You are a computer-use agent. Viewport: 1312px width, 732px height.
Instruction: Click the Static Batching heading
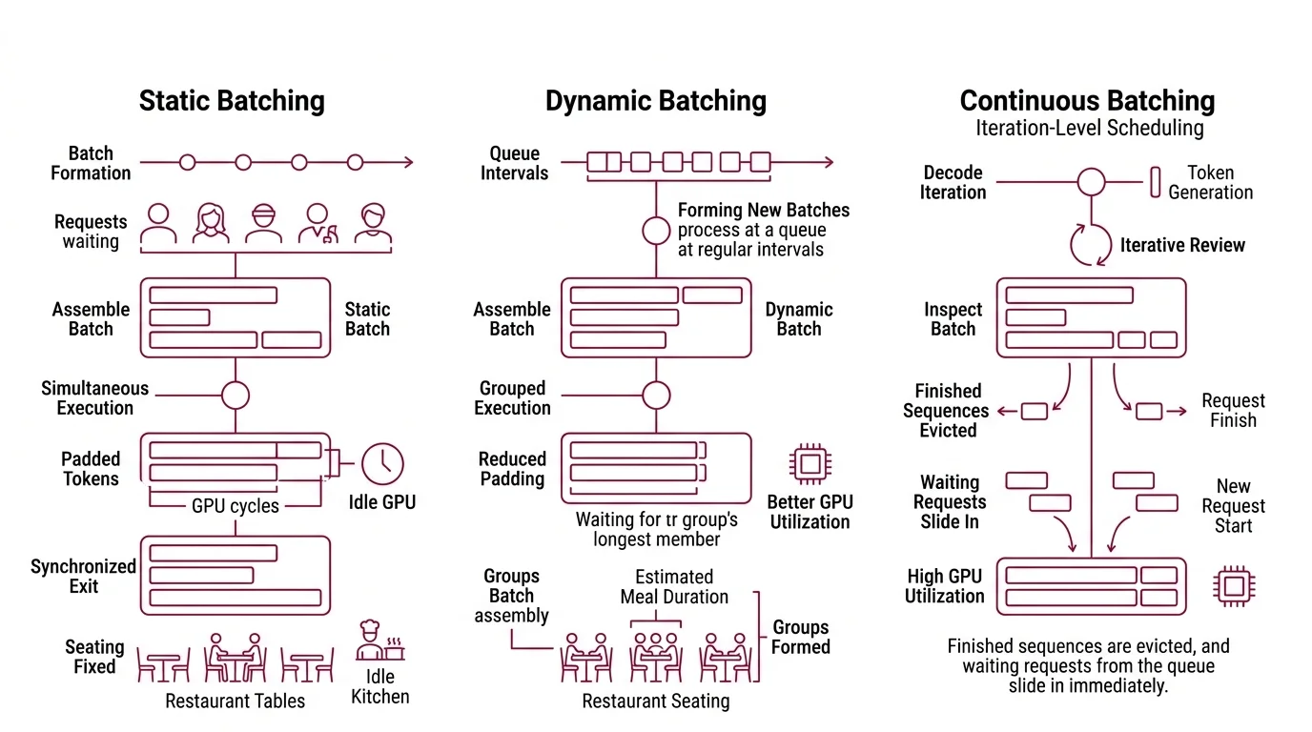(x=232, y=101)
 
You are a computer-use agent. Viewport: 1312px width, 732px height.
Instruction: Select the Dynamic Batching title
(x=655, y=101)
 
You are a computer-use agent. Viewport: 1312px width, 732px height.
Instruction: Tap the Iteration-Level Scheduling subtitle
(x=1088, y=128)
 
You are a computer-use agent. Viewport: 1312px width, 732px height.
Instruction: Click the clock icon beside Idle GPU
(x=382, y=464)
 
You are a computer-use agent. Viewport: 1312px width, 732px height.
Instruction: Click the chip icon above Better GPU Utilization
(x=809, y=464)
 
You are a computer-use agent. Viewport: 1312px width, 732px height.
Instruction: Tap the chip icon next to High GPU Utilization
(x=1232, y=586)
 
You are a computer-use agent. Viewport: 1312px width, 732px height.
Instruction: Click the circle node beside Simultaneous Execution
(x=235, y=395)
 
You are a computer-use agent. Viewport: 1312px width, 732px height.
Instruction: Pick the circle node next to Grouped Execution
(x=655, y=395)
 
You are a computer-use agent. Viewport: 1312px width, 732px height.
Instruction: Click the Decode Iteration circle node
(x=1091, y=182)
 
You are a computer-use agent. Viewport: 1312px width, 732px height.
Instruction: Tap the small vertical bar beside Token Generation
(x=1155, y=182)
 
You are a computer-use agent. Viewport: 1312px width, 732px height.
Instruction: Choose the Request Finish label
(x=1233, y=411)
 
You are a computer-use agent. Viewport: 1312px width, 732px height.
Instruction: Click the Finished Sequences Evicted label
(x=947, y=411)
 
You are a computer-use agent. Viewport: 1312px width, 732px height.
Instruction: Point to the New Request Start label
(x=1233, y=506)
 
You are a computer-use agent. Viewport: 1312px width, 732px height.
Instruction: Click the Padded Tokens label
(x=91, y=469)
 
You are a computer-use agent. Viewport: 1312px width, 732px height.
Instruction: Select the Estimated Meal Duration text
(x=673, y=587)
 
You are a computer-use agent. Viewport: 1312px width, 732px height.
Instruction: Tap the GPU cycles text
(x=235, y=506)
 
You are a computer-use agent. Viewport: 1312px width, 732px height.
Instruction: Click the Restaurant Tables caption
(x=235, y=701)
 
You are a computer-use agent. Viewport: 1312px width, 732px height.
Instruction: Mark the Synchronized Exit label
(x=83, y=577)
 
